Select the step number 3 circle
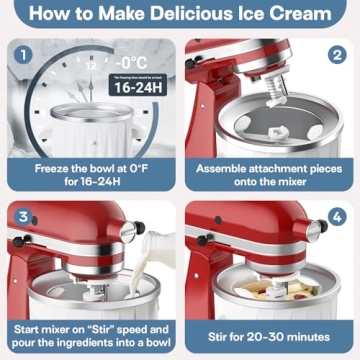(x=23, y=215)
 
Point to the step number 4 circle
(x=337, y=215)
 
